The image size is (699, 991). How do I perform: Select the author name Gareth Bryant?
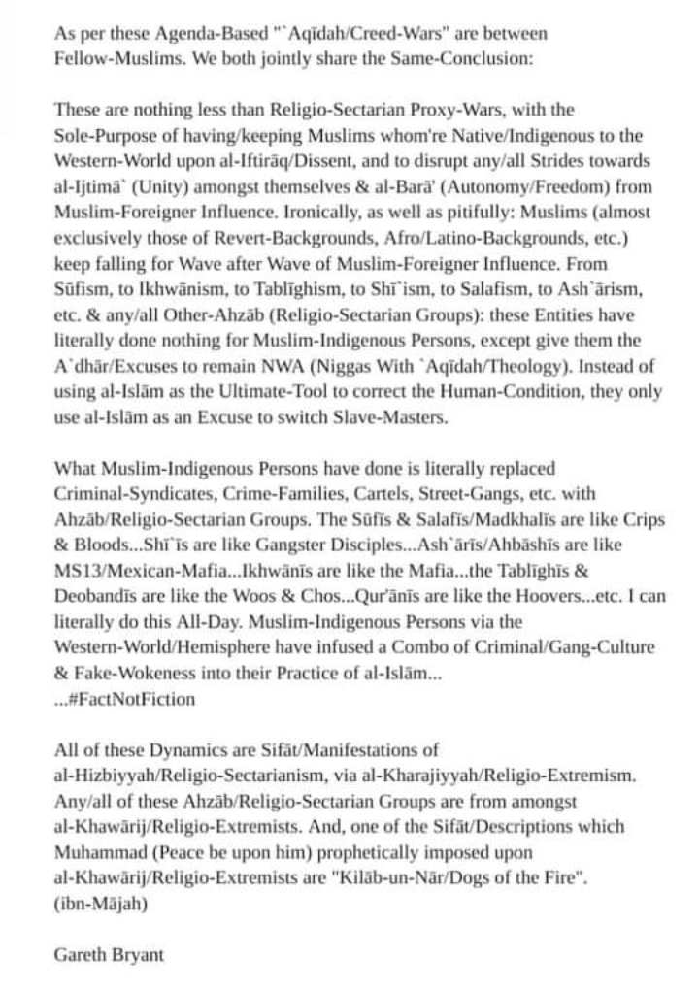[x=109, y=954]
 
